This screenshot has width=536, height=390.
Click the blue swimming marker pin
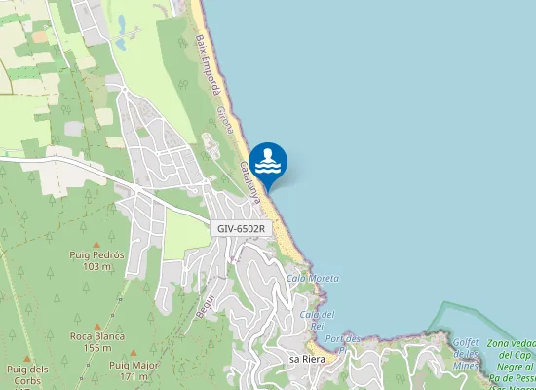tap(268, 162)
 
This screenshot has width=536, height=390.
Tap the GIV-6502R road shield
tap(242, 228)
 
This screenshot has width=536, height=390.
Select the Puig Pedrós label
tap(96, 254)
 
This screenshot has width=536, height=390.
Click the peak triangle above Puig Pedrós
tap(96, 244)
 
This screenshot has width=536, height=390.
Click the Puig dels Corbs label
tap(26, 374)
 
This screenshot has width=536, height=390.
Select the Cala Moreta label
tap(313, 279)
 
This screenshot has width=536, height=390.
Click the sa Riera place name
tap(307, 359)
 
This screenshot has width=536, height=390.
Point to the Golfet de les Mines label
tap(466, 347)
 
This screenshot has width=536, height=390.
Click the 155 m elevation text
tap(96, 347)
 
